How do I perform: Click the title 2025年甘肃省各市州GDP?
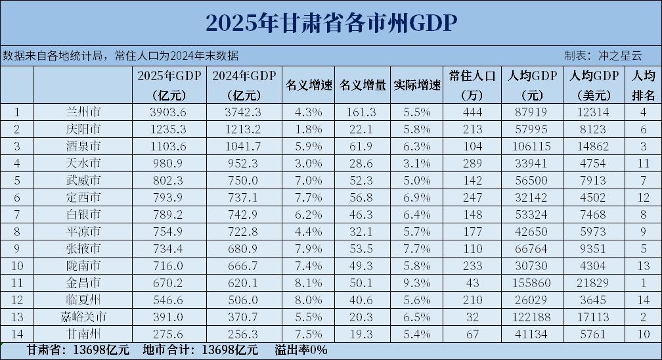coord(330,22)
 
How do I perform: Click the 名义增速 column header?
coord(309,85)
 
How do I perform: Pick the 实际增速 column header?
coord(417,85)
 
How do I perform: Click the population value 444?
coord(472,112)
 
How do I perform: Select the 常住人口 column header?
coord(472,85)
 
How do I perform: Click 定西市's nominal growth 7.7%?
coord(309,196)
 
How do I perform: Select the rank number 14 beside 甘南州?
coord(16,333)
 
